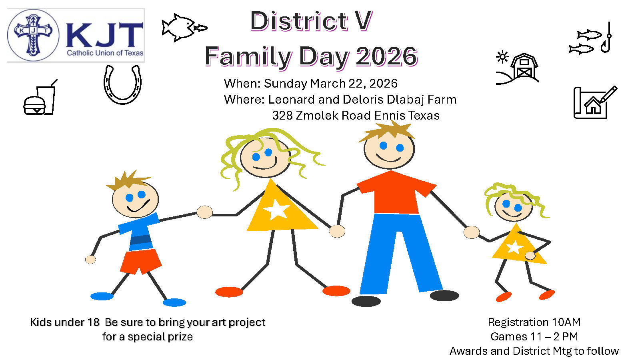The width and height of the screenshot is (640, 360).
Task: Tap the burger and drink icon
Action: pos(40,98)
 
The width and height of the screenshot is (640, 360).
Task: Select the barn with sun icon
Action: pos(517,68)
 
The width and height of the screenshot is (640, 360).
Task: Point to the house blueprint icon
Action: pos(594,103)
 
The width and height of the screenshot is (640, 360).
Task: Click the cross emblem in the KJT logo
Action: pos(33,35)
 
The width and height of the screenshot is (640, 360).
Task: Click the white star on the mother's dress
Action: pos(276,210)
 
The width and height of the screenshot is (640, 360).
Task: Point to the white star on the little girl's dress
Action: pos(514,247)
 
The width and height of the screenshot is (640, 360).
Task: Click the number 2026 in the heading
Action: pos(387,56)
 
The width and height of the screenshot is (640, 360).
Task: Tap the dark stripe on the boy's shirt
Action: pos(140,240)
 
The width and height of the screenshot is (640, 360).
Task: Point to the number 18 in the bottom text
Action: pos(94,322)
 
